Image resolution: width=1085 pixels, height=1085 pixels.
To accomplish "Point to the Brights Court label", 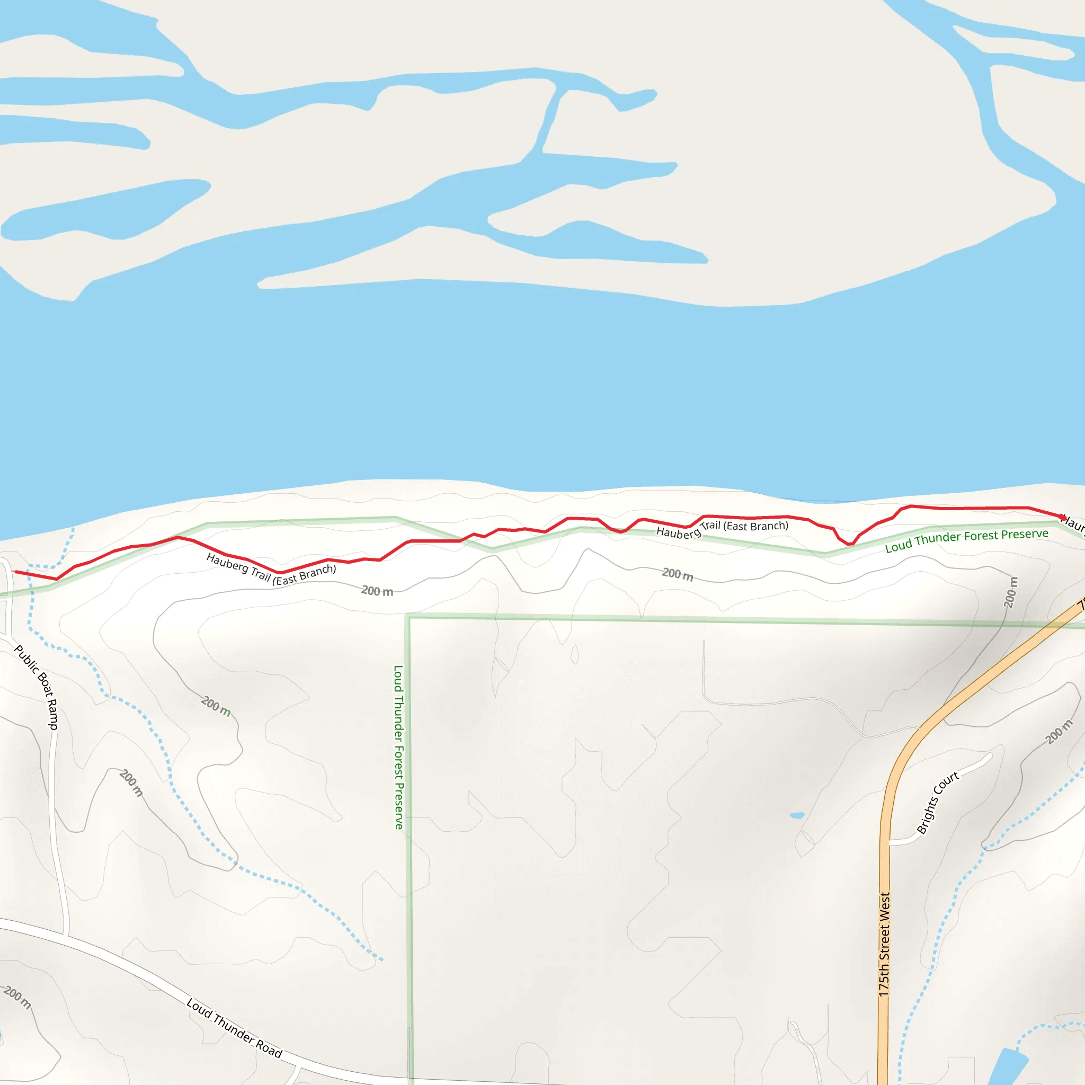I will click(x=937, y=803).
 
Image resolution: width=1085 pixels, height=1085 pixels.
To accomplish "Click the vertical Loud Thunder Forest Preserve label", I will click(x=398, y=747).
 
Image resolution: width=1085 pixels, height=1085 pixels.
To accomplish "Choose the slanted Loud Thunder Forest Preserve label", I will click(x=966, y=540).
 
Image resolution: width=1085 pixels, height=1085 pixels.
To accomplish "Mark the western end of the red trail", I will click(x=15, y=572).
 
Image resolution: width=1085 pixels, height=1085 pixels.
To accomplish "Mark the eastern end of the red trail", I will click(x=1061, y=517).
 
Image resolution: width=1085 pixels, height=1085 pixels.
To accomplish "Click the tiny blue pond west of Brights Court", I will click(x=797, y=815).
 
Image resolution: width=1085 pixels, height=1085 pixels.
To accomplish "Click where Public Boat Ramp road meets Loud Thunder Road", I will click(x=66, y=937).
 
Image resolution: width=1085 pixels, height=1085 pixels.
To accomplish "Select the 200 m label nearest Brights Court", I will click(x=1059, y=732).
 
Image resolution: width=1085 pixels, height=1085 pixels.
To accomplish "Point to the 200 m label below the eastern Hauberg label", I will click(x=677, y=573).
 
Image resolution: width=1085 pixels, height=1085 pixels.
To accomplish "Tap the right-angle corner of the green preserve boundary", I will click(x=408, y=617).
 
